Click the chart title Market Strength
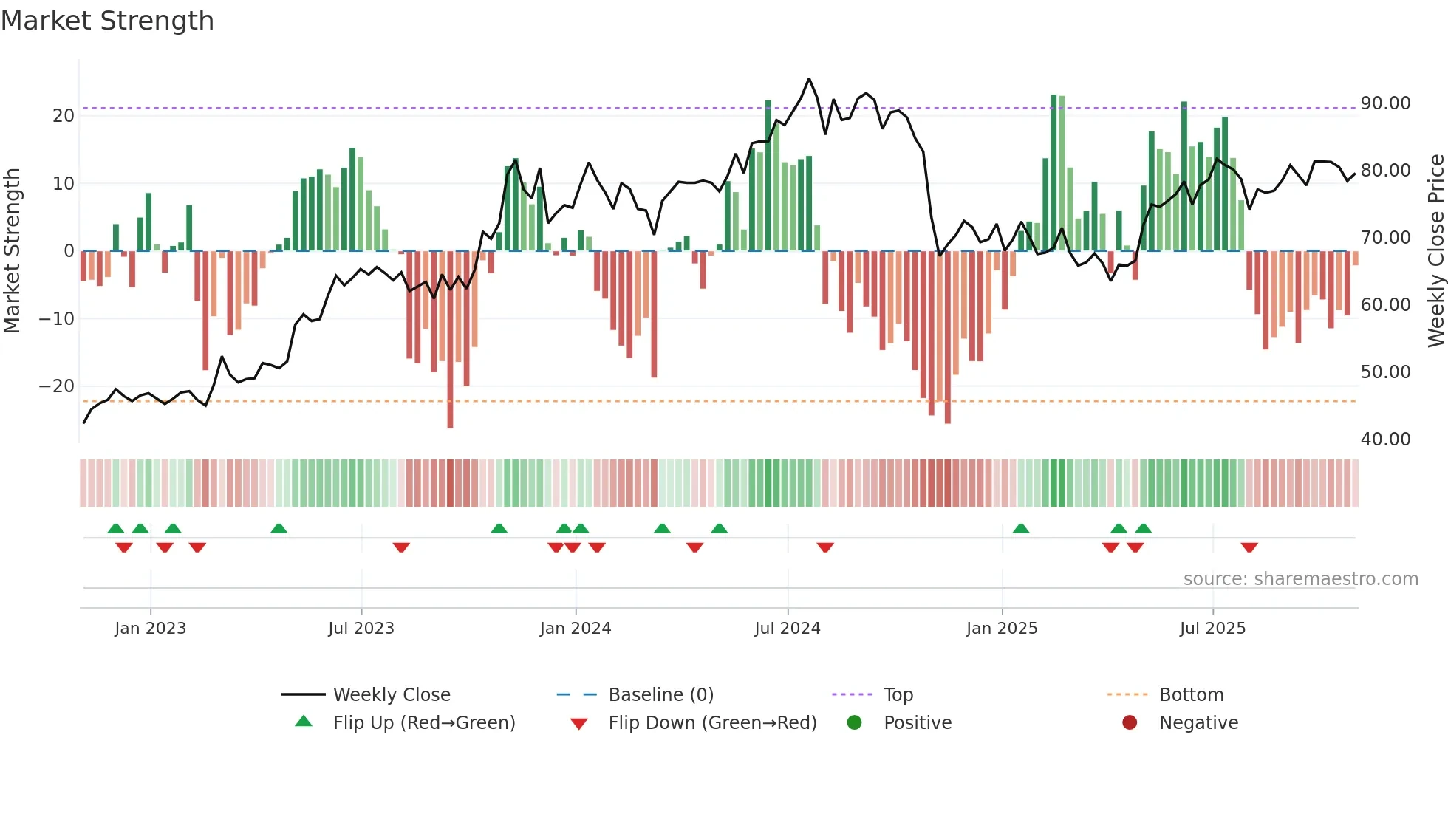(107, 21)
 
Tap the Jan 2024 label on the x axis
(576, 629)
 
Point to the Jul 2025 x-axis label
(1212, 629)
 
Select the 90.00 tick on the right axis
(1385, 103)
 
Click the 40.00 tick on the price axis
(1385, 440)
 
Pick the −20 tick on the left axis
(56, 386)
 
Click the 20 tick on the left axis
(63, 116)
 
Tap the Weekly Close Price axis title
(1435, 251)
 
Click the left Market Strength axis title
(12, 251)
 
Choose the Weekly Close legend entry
(391, 695)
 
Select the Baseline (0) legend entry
(660, 695)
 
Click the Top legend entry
(898, 695)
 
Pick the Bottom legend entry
(1191, 695)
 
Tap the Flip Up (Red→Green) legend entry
(423, 723)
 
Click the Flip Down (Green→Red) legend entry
(712, 723)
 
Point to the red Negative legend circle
(1130, 722)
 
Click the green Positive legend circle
(855, 722)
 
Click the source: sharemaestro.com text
(1300, 579)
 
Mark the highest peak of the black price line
(809, 79)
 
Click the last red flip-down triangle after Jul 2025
(1249, 547)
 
